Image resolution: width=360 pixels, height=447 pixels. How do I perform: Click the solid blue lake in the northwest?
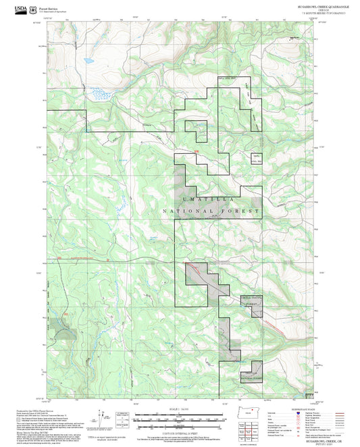(x=89, y=60)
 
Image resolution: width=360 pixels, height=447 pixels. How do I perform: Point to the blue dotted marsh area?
(x=102, y=95)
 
